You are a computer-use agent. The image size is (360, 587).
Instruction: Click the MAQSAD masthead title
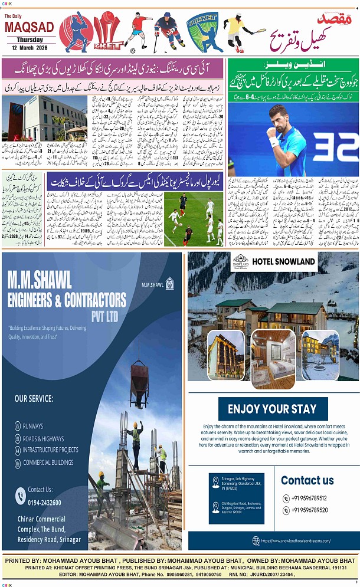click(22, 27)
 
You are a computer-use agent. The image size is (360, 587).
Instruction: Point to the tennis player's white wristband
click(274, 142)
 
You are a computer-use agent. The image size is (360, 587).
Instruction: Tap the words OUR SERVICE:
click(34, 398)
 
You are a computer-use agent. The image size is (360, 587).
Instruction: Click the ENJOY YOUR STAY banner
click(272, 409)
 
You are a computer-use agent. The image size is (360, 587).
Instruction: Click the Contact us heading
click(307, 480)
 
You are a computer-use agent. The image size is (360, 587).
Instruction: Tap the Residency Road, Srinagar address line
click(49, 540)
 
